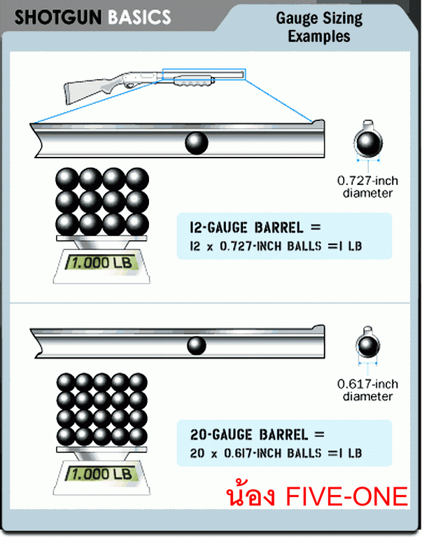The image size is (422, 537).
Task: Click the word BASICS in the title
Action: coord(139,17)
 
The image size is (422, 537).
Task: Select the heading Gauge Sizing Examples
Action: coord(318,27)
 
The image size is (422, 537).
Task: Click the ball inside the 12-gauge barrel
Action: coord(197,143)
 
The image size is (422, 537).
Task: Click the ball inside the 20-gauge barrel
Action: coord(197,345)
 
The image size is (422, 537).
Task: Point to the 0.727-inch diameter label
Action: coord(367,187)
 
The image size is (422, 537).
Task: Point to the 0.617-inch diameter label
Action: coord(367,390)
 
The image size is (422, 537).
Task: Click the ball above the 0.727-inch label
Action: coord(367,144)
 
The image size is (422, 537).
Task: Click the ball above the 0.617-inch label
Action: coord(367,346)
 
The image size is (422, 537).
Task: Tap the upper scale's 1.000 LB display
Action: coord(101,265)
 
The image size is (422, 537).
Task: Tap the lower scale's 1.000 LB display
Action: coord(101,474)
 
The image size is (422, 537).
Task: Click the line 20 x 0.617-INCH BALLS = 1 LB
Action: coord(276,453)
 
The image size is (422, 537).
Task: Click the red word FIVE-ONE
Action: coord(347,496)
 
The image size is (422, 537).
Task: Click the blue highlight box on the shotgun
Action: coord(203,74)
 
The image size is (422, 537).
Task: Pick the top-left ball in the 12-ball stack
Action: coord(67,179)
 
